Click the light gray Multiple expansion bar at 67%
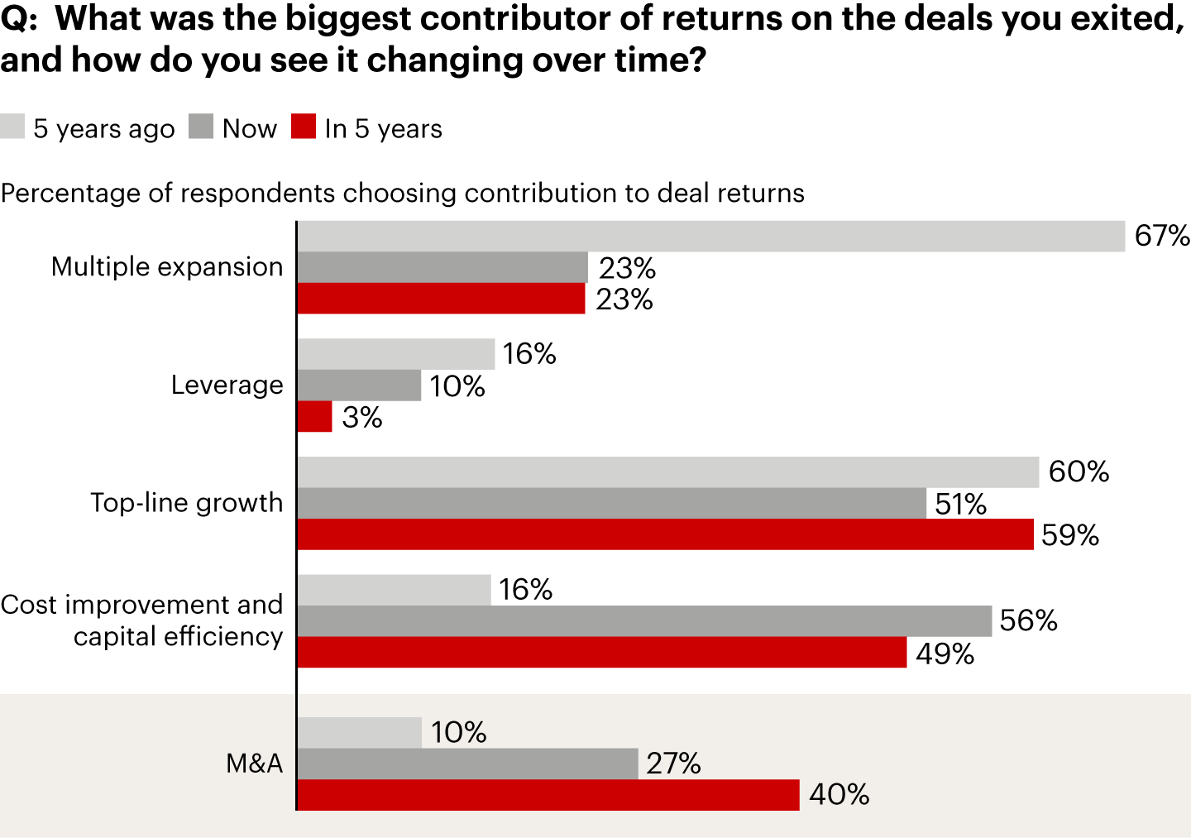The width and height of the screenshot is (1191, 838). pyautogui.click(x=710, y=237)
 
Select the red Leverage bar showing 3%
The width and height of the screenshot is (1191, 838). pyautogui.click(x=314, y=417)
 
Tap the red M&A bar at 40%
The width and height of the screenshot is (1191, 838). pyautogui.click(x=548, y=795)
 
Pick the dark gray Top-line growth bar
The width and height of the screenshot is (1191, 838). pyautogui.click(x=611, y=503)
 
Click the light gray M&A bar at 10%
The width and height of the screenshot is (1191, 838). pyautogui.click(x=359, y=733)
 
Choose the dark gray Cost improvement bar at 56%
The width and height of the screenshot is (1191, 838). pyautogui.click(x=644, y=621)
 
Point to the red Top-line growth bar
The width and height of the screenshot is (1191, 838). pyautogui.click(x=665, y=534)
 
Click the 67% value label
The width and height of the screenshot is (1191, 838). pyautogui.click(x=1162, y=236)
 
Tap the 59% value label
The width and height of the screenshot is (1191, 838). pyautogui.click(x=1069, y=535)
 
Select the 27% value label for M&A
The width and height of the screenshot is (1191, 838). pyautogui.click(x=673, y=764)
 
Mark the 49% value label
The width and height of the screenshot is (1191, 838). pyautogui.click(x=945, y=654)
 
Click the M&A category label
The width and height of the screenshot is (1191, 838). pyautogui.click(x=254, y=763)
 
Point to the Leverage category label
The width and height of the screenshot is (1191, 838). pyautogui.click(x=227, y=385)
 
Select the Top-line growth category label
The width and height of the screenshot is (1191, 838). pyautogui.click(x=186, y=503)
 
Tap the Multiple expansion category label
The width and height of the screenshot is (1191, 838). pyautogui.click(x=166, y=266)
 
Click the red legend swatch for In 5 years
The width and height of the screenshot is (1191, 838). pyautogui.click(x=304, y=127)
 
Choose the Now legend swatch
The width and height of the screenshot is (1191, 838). pyautogui.click(x=201, y=127)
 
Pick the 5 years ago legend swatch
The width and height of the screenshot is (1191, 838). pyautogui.click(x=12, y=127)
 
